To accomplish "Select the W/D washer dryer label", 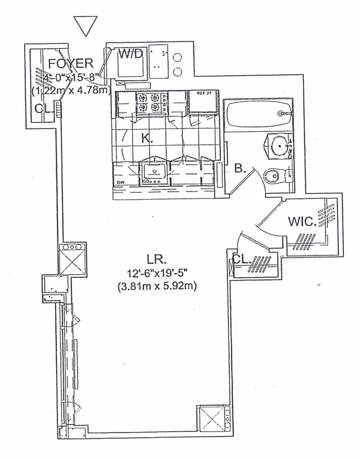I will (131, 55).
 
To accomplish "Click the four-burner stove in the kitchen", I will (152, 103).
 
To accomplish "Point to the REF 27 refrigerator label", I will (204, 93).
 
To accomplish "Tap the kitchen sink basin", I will (153, 170).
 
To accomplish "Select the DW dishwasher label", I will (121, 183).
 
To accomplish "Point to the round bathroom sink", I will (280, 147).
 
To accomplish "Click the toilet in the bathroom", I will (274, 176).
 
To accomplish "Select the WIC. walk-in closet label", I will (302, 221).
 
